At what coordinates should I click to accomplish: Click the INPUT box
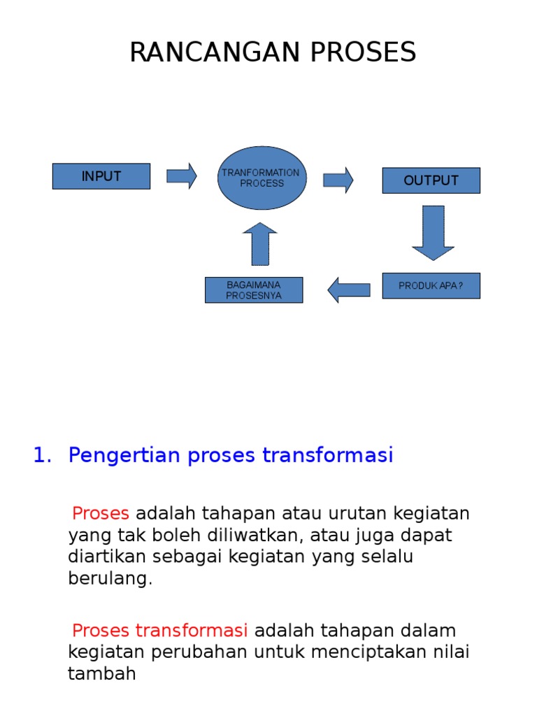click(101, 176)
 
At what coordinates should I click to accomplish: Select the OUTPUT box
click(431, 180)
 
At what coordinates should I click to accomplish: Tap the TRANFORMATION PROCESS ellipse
click(262, 178)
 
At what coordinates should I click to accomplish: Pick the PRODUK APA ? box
click(431, 286)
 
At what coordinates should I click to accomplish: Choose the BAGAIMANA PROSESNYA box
click(254, 290)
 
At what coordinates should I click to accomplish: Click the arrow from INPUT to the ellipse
click(182, 176)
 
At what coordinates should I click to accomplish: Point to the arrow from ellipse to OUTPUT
click(338, 180)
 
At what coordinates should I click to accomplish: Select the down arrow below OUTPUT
click(433, 233)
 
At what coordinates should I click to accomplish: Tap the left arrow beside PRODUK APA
click(349, 290)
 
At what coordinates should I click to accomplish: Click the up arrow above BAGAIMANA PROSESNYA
click(260, 244)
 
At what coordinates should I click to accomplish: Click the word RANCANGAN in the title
click(215, 52)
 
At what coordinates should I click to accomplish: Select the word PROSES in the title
click(364, 52)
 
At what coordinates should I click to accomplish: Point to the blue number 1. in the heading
click(43, 455)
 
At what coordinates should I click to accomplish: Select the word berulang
click(110, 578)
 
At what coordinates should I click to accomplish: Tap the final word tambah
click(102, 673)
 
